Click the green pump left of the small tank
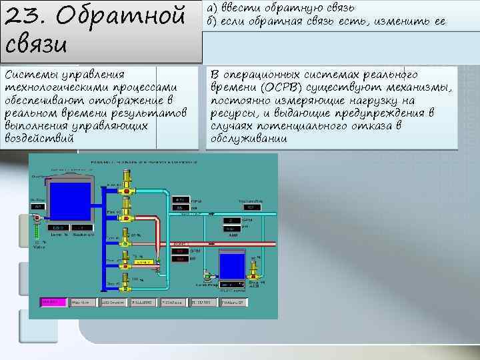coord(208,275)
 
